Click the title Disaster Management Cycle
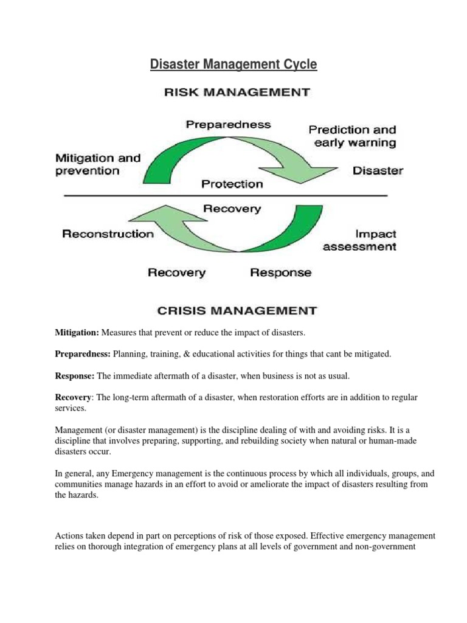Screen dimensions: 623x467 click(x=233, y=64)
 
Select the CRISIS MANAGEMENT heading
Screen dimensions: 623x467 click(x=237, y=311)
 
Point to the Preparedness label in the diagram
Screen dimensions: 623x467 click(x=228, y=125)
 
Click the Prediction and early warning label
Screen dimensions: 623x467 click(x=352, y=136)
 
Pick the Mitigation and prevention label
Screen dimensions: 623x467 click(x=97, y=164)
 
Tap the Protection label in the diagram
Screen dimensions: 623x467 click(x=232, y=183)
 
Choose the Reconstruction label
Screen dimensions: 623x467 click(x=108, y=234)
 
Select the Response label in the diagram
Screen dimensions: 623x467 click(x=281, y=273)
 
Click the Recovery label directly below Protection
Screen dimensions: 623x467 click(x=232, y=209)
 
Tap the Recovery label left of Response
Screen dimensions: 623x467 click(x=177, y=273)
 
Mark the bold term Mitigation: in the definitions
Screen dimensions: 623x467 click(x=77, y=332)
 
